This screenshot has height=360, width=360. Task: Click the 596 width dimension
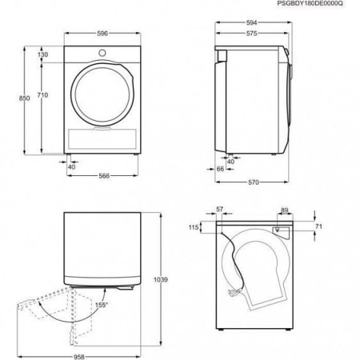(x=103, y=34)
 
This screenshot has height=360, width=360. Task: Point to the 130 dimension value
(x=42, y=54)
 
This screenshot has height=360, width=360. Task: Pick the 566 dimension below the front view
(x=104, y=177)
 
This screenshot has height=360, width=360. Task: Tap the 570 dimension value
(x=252, y=182)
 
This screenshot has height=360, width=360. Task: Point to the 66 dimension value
(x=220, y=170)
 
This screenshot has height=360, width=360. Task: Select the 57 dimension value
(x=220, y=210)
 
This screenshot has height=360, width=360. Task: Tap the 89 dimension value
(x=285, y=210)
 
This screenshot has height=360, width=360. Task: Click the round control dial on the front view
(x=102, y=54)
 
